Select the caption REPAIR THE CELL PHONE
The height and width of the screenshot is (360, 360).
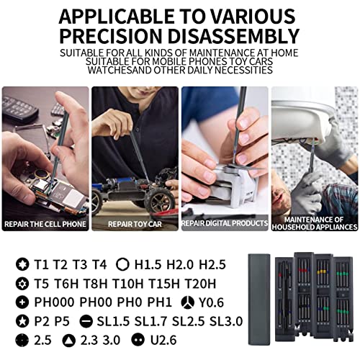point(45,225)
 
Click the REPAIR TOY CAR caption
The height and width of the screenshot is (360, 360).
point(135,225)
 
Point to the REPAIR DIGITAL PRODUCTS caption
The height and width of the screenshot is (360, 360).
point(224,225)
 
